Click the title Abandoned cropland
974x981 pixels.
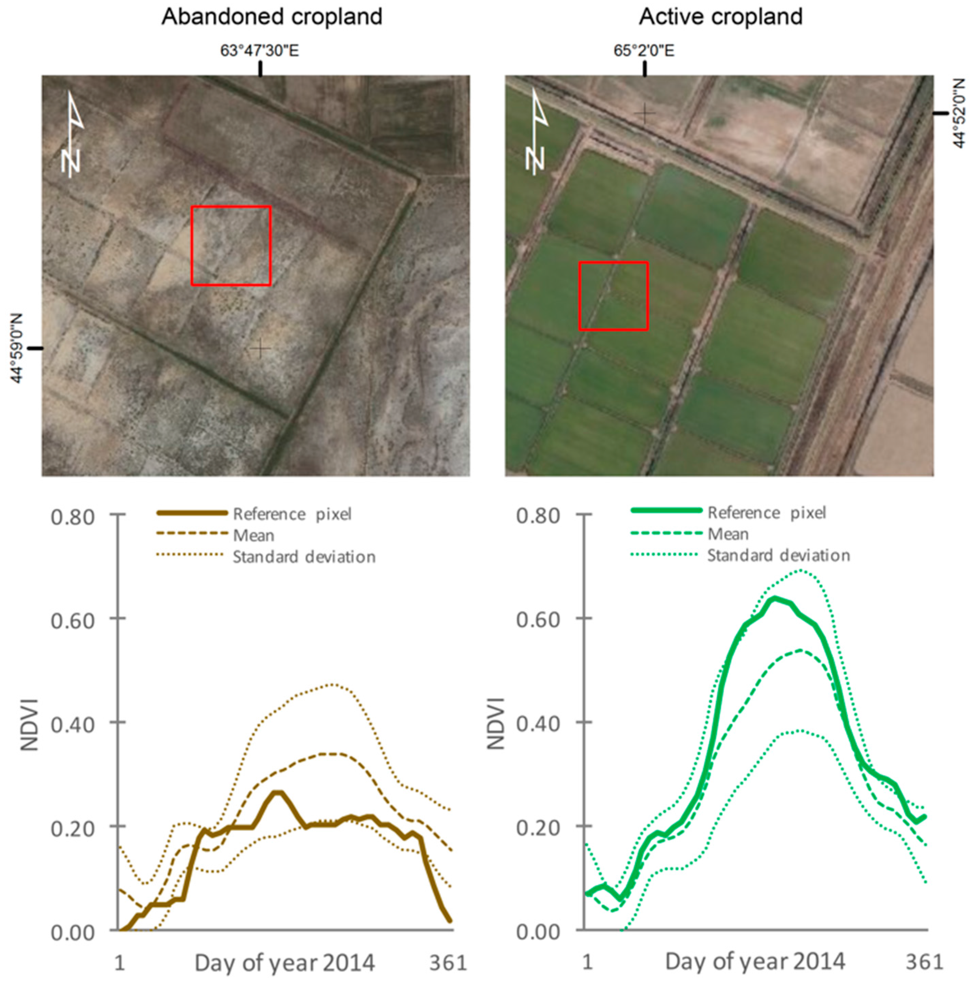[272, 17]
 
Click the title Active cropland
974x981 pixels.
[720, 17]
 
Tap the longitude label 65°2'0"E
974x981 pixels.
[644, 51]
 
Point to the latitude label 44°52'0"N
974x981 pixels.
[959, 113]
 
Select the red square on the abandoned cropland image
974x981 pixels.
[231, 246]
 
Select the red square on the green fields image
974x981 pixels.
[614, 296]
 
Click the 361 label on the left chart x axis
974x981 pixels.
[447, 962]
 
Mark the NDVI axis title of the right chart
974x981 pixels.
[496, 723]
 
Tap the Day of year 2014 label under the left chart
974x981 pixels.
[284, 962]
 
